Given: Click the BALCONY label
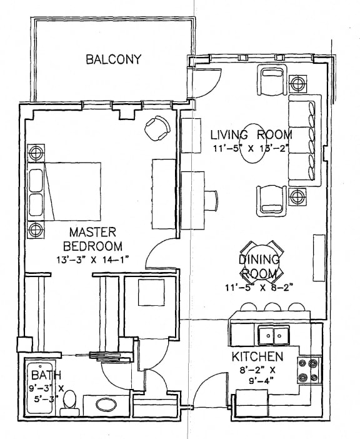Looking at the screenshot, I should coord(114,60).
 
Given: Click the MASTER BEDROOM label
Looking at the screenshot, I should coord(96,238).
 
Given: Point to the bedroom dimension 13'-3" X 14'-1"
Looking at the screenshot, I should coord(96,259).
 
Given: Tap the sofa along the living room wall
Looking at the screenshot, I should coord(303,141).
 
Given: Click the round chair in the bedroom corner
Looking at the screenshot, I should coord(156,128).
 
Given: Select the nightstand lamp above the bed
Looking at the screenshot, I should coord(36,152).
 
